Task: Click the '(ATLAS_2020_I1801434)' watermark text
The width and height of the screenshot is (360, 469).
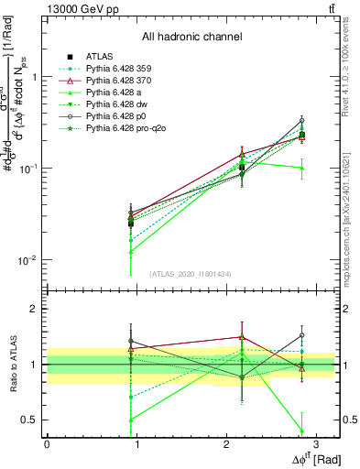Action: tap(191, 274)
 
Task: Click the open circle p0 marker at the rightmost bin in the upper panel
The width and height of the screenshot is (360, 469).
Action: tap(302, 120)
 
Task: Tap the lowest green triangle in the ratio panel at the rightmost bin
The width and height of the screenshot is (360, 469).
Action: tap(302, 430)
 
